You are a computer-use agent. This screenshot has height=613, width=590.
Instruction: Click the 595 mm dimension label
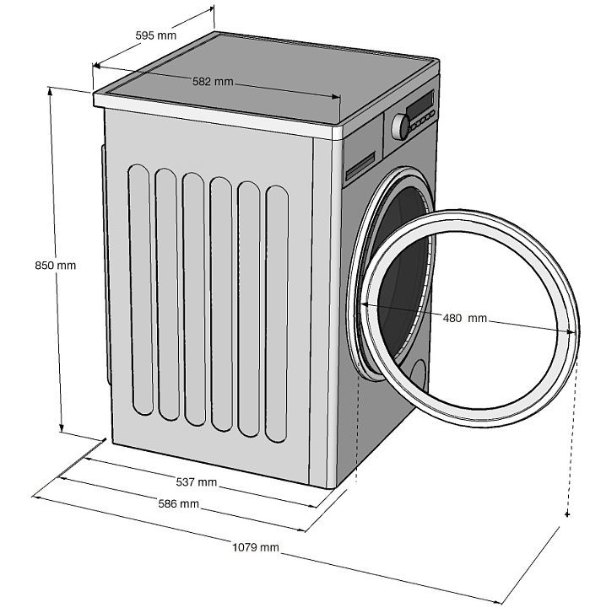(155, 35)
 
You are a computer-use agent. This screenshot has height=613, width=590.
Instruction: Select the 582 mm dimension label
(213, 82)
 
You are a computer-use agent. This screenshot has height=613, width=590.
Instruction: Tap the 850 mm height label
(55, 266)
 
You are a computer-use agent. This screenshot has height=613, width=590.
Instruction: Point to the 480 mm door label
(465, 318)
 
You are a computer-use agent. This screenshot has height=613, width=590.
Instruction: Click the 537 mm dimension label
(197, 482)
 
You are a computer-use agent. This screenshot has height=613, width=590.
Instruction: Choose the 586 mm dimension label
(178, 503)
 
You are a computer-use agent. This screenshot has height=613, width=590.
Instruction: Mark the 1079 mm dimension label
(256, 547)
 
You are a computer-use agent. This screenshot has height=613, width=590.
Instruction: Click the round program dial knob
(400, 126)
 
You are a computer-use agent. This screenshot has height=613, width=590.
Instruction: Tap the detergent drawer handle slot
(360, 166)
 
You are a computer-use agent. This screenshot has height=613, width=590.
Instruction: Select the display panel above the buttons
(420, 103)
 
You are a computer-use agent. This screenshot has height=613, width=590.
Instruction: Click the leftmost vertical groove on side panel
(141, 289)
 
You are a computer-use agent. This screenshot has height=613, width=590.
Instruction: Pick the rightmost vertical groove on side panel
(277, 314)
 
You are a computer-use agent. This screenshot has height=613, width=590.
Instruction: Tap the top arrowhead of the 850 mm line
(50, 91)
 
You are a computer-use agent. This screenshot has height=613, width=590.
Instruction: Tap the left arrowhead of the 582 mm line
(97, 66)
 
